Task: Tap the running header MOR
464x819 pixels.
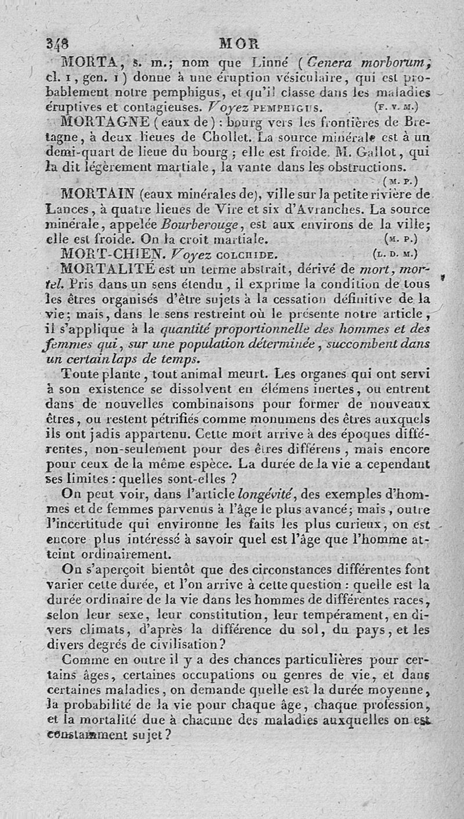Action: (x=235, y=43)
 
